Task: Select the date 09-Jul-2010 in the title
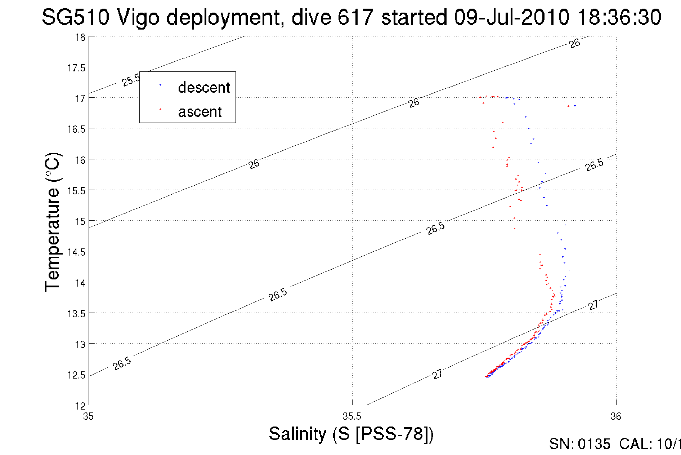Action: coord(511,17)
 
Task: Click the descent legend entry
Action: coord(203,88)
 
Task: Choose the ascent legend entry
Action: coord(200,112)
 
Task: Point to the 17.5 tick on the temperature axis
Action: coord(76,68)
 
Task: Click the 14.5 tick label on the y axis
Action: coord(76,252)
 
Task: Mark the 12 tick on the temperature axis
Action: coord(80,406)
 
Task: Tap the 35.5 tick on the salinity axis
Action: coord(352,416)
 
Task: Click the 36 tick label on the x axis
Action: coord(616,416)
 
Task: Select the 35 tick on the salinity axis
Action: coord(88,416)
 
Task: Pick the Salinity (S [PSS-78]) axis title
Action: coord(351,434)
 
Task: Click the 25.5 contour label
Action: coord(131,80)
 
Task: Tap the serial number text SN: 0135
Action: coord(579,444)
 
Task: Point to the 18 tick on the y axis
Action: coord(80,37)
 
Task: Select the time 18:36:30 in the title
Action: coord(619,17)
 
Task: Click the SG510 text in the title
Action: coord(75,17)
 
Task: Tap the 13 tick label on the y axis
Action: coord(80,344)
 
